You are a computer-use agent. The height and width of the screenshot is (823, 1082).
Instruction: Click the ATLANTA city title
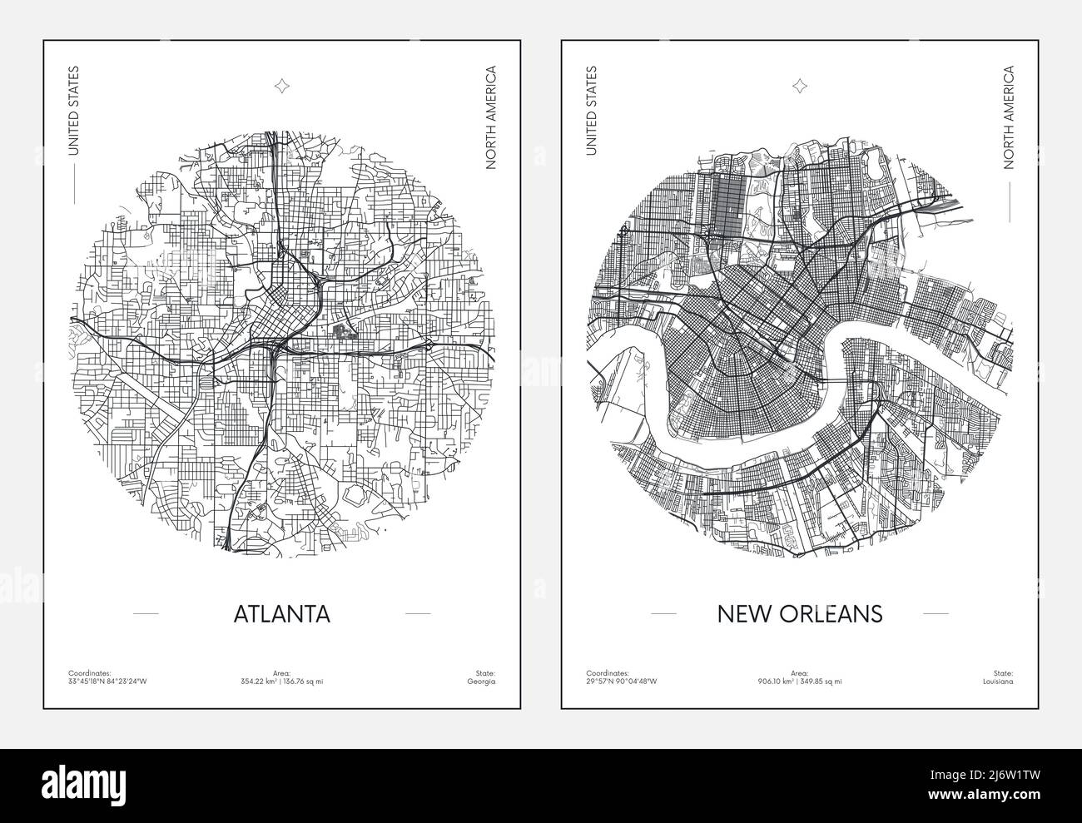click(x=282, y=614)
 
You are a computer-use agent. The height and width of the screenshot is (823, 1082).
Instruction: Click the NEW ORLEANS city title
click(x=799, y=614)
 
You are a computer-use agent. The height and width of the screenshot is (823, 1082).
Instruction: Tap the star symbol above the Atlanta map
click(x=281, y=84)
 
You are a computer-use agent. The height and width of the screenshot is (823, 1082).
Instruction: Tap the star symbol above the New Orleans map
click(x=800, y=84)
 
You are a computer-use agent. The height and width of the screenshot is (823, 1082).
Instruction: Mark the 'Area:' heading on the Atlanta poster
click(x=281, y=672)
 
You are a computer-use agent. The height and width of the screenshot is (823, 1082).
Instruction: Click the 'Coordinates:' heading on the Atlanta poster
click(x=87, y=672)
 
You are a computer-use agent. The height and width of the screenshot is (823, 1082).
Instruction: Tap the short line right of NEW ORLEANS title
click(x=936, y=614)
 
